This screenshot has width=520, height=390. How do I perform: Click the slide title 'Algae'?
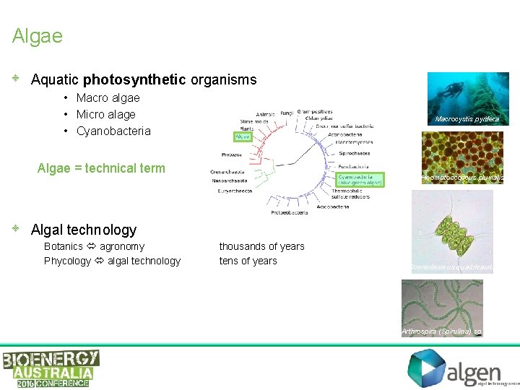[38, 36]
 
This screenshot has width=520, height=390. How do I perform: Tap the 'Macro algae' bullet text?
[108, 97]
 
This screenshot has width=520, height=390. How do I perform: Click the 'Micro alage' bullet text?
[105, 114]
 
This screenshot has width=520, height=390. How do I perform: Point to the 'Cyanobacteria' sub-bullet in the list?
[113, 131]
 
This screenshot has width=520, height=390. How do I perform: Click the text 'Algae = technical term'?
[101, 168]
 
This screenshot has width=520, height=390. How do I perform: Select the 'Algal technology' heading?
[84, 230]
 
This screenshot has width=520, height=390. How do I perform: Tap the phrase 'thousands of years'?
[261, 246]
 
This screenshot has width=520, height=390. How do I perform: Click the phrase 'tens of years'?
[248, 261]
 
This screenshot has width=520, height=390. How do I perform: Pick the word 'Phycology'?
[67, 261]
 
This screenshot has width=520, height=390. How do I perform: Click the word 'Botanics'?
[64, 246]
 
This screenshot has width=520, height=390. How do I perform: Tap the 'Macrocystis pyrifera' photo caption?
[467, 119]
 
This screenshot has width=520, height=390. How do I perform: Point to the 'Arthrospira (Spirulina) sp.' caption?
[441, 331]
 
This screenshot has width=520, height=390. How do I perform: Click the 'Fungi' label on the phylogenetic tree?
[287, 113]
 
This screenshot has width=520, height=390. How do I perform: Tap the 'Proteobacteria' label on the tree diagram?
[290, 213]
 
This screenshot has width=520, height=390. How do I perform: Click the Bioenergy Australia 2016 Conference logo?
[51, 368]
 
